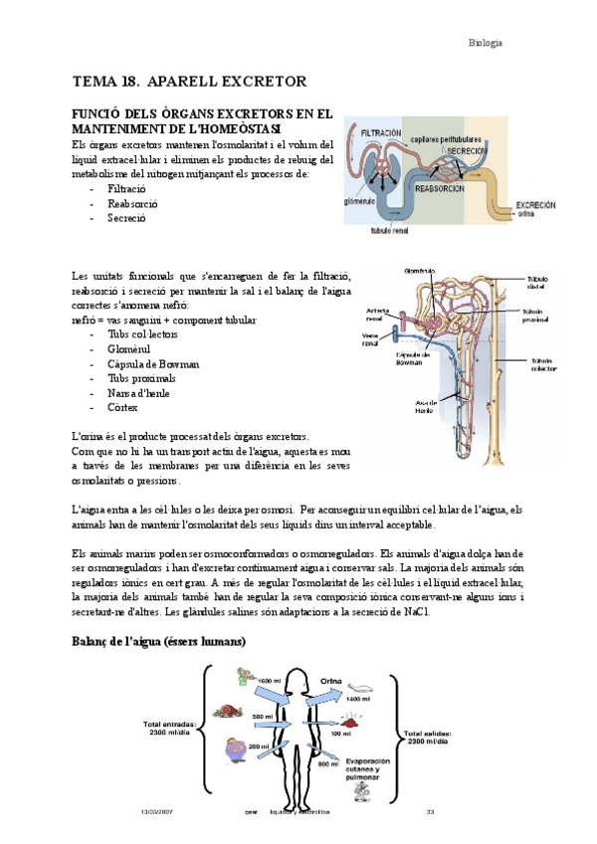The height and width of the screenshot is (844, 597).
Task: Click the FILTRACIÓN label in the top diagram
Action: pyautogui.click(x=381, y=131)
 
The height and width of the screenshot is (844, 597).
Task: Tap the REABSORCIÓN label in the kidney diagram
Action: pyautogui.click(x=441, y=186)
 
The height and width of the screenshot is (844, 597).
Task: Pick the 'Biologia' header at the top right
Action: pyautogui.click(x=487, y=43)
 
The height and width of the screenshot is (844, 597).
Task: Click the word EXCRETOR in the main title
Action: pyautogui.click(x=255, y=81)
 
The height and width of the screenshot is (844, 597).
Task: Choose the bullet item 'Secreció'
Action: pyautogui.click(x=126, y=217)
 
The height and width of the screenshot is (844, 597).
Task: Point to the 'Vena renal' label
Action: pyautogui.click(x=370, y=341)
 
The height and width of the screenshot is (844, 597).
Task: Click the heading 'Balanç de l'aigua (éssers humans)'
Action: pyautogui.click(x=159, y=642)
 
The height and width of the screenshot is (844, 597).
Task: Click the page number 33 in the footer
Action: pyautogui.click(x=430, y=812)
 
